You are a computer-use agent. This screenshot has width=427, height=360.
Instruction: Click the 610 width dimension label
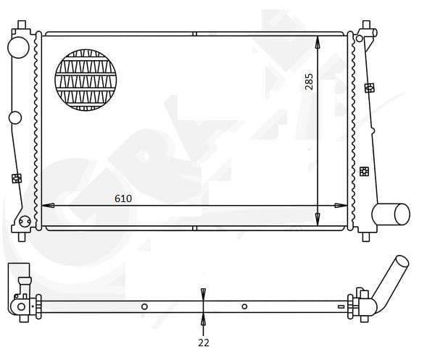pyautogui.click(x=123, y=197)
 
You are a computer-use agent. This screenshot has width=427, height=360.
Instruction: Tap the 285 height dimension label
pyautogui.click(x=310, y=80)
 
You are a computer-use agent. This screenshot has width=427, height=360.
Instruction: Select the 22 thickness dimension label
pyautogui.click(x=204, y=343)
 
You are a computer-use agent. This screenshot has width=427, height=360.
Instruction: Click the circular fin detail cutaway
pyautogui.click(x=86, y=80)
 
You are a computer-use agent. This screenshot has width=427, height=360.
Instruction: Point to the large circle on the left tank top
pyautogui.click(x=18, y=47)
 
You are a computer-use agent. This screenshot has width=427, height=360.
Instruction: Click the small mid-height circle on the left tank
pyautogui.click(x=16, y=118)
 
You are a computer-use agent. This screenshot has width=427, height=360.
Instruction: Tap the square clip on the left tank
pyautogui.click(x=17, y=178)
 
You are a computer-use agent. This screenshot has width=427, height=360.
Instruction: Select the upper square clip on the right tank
pyautogui.click(x=370, y=88)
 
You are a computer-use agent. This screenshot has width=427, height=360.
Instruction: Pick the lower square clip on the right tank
pyautogui.click(x=364, y=171)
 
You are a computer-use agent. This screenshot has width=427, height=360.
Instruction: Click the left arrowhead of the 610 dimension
pyautogui.click(x=48, y=206)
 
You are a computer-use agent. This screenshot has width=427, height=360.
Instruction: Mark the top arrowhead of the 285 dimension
pyautogui.click(x=318, y=42)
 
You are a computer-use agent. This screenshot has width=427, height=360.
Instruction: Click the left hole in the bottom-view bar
pyautogui.click(x=144, y=306)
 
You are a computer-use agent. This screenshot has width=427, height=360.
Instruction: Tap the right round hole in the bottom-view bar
pyautogui.click(x=244, y=306)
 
